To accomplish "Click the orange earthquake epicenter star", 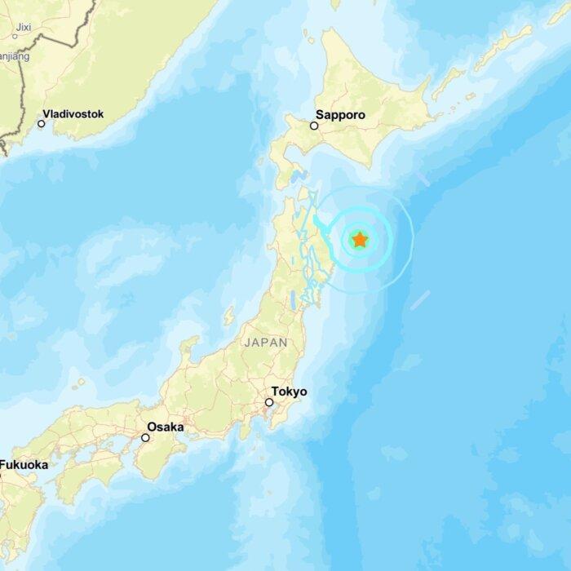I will [x=359, y=240].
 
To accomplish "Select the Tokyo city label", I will [x=290, y=392].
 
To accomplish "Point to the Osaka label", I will [x=165, y=427].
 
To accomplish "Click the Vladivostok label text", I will [x=73, y=114].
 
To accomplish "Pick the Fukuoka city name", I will [x=24, y=465].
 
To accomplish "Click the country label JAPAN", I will [x=266, y=343].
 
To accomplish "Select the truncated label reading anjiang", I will [x=15, y=56].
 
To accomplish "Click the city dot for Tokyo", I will [x=268, y=402].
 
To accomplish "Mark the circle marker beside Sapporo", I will [x=313, y=126].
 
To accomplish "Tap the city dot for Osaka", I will [x=145, y=437].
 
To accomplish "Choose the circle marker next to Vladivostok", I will [x=41, y=124].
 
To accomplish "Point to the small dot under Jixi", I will [x=15, y=36].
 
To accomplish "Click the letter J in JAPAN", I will [x=247, y=343].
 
